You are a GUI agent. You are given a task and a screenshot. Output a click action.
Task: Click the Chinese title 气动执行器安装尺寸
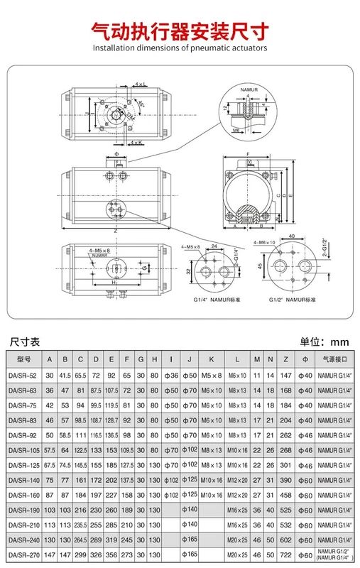[x=179, y=31]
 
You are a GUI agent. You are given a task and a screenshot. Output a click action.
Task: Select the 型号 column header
[x=21, y=359]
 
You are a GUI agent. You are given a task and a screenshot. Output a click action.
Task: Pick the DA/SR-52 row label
[x=21, y=374]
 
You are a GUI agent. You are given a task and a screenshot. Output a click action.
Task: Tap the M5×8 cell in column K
[x=211, y=374]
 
